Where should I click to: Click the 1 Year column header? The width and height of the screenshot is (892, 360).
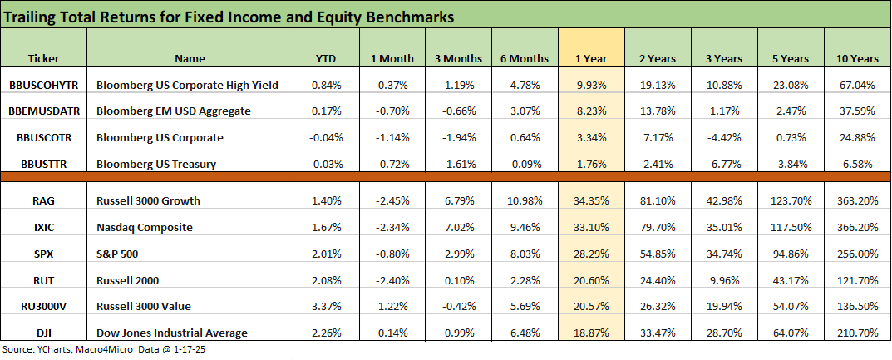point(591,59)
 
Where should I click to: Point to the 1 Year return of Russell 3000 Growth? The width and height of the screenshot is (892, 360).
point(591,200)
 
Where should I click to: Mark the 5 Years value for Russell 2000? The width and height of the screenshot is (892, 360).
point(791,280)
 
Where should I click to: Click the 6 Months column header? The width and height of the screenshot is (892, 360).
point(525,59)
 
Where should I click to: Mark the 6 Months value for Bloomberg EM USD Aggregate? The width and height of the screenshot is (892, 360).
point(525,111)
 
